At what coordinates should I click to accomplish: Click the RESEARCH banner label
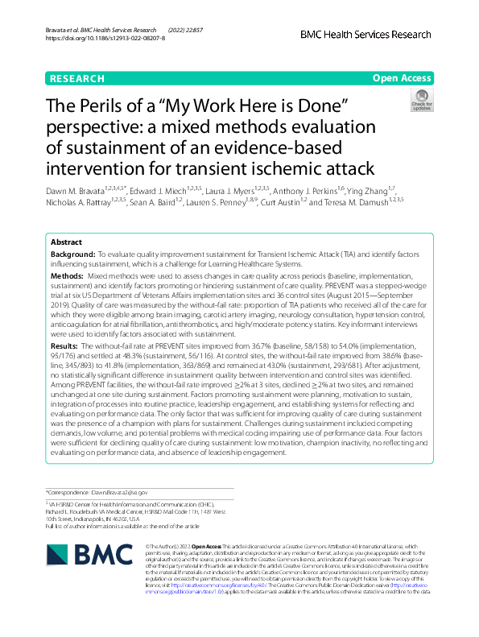point(77,78)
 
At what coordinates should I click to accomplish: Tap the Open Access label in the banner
point(402,78)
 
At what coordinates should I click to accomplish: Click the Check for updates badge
point(421,101)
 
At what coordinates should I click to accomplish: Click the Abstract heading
point(66,242)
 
